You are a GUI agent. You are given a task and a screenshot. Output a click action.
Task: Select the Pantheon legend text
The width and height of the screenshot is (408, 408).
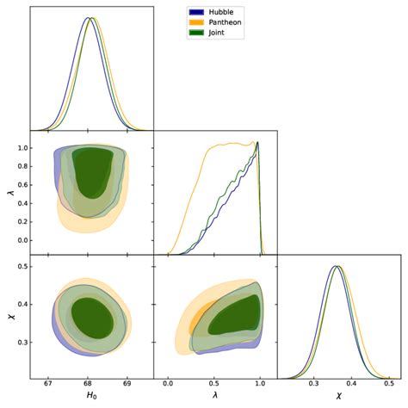point(226,22)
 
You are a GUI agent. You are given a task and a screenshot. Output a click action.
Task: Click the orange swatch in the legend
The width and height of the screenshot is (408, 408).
point(196,22)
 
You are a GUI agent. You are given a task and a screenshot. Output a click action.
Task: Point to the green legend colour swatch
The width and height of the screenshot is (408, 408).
point(196,33)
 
